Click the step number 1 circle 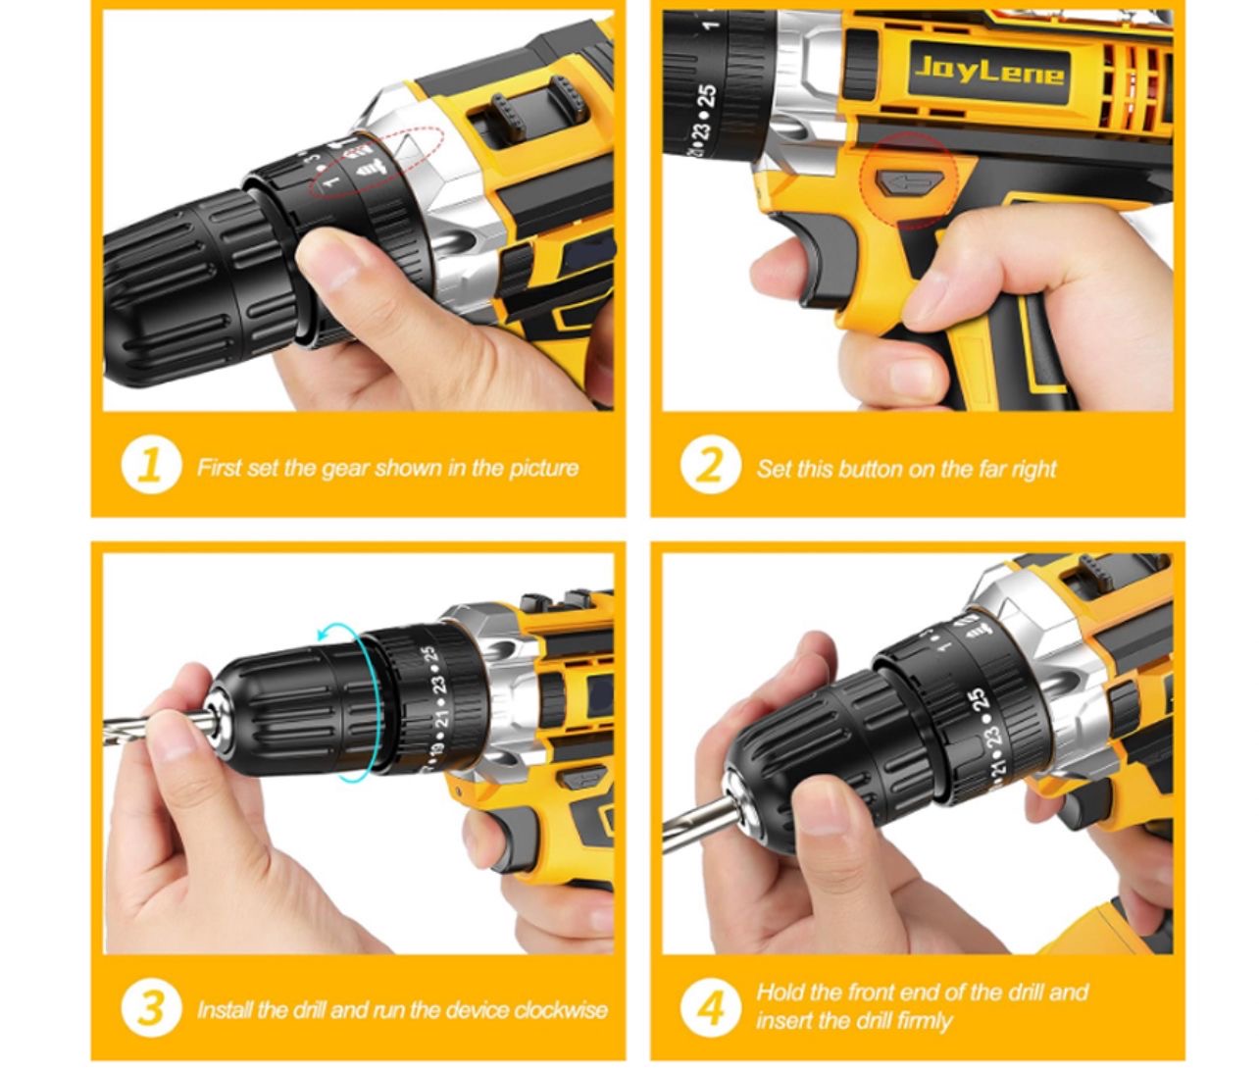point(150,466)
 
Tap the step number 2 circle point(709,466)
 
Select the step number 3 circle point(150,1007)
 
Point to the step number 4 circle point(709,1007)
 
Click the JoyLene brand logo point(988,71)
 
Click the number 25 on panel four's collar point(977,702)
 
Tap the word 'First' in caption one point(219,468)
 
